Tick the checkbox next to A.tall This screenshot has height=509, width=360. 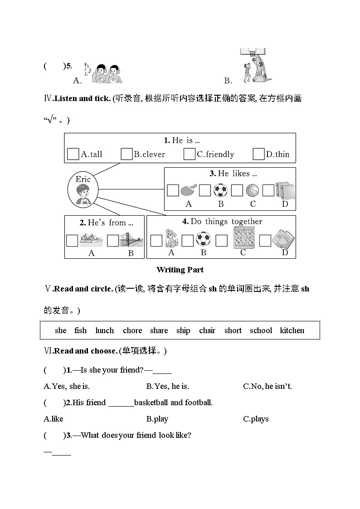[x=73, y=154]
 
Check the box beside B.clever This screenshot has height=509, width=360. [x=126, y=154]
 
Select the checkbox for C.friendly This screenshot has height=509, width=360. [x=190, y=154]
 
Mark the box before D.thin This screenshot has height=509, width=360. [x=258, y=154]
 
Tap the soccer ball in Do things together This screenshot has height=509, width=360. [x=203, y=240]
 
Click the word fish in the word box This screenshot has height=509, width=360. [x=80, y=330]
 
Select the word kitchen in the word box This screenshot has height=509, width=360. [x=292, y=330]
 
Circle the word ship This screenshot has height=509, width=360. [x=183, y=330]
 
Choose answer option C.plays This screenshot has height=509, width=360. [x=256, y=419]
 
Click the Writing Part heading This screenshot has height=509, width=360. [x=180, y=270]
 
